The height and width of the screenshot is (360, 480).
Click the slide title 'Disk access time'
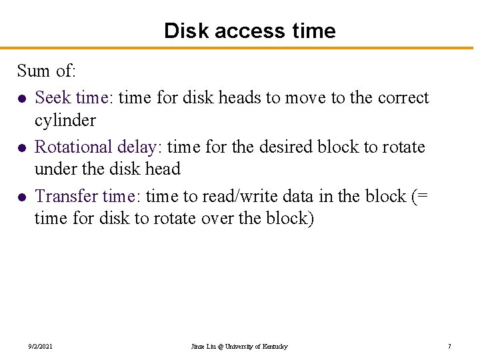pos(249,31)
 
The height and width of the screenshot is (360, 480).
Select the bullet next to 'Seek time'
pos(23,99)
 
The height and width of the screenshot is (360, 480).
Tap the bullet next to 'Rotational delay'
pos(23,147)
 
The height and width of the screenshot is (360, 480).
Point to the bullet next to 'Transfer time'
pos(23,197)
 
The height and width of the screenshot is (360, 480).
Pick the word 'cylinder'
pos(65,121)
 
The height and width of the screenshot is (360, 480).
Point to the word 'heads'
pos(241,98)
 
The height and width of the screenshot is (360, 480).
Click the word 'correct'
pos(403,98)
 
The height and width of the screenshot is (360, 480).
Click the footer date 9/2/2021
pos(41,347)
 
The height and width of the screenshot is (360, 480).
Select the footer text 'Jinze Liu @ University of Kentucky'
pos(239,347)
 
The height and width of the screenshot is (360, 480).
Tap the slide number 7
pos(449,347)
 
